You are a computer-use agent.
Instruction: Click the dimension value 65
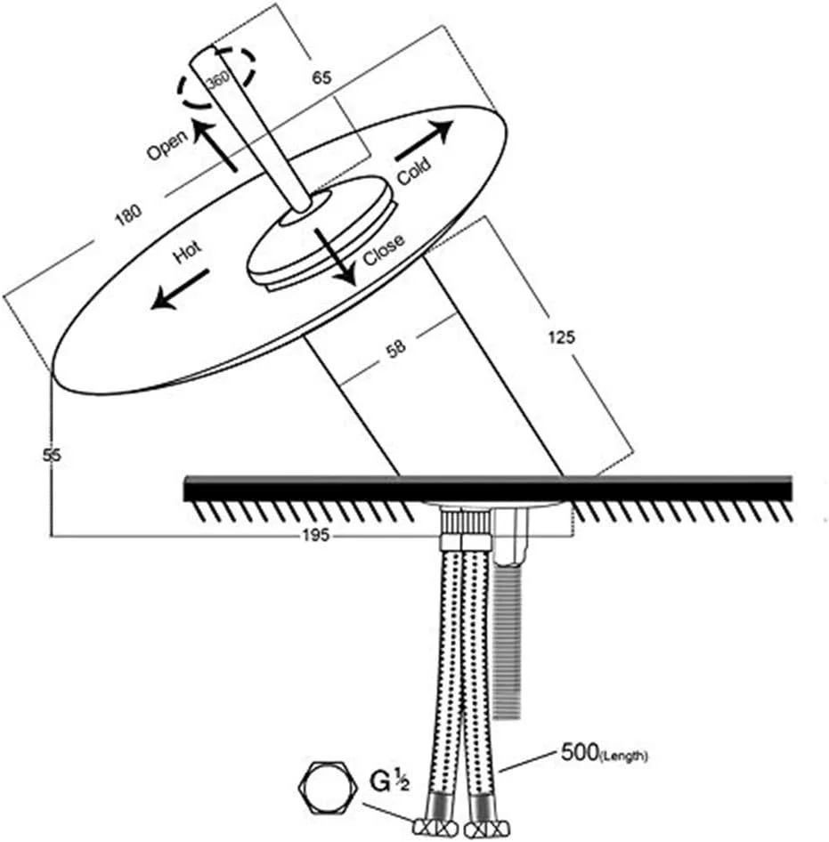click(321, 77)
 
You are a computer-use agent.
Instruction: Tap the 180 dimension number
click(129, 215)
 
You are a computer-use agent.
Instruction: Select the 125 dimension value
click(562, 337)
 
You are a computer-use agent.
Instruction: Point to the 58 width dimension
click(396, 349)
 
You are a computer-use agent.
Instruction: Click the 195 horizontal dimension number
click(316, 536)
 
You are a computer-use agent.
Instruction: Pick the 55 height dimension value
click(52, 456)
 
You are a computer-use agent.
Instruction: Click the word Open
click(167, 144)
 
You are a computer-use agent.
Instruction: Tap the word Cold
click(414, 171)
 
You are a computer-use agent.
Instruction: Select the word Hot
click(188, 252)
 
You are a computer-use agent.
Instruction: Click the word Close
click(384, 250)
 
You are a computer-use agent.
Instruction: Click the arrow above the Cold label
click(424, 140)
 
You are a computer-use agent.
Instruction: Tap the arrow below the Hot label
click(180, 290)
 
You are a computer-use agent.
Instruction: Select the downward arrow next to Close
click(336, 256)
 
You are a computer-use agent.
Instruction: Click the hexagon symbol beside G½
click(328, 787)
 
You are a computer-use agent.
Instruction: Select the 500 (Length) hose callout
click(604, 752)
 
